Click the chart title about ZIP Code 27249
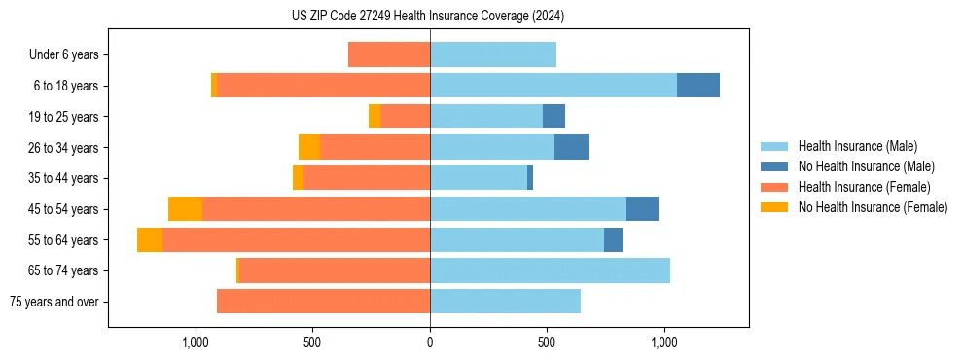(428, 16)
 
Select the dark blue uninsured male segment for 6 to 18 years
(697, 86)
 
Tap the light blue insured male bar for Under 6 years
(492, 54)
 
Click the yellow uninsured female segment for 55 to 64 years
(150, 240)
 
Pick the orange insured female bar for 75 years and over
(323, 302)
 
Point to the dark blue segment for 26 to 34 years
(572, 147)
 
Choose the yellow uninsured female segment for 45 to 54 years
(185, 209)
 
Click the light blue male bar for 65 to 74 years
(550, 270)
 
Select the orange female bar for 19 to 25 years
(405, 117)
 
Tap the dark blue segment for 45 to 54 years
(642, 209)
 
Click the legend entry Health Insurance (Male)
(857, 146)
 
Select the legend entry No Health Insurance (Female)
(873, 207)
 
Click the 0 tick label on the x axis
(430, 342)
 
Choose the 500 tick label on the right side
(547, 342)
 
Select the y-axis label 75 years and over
(54, 302)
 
